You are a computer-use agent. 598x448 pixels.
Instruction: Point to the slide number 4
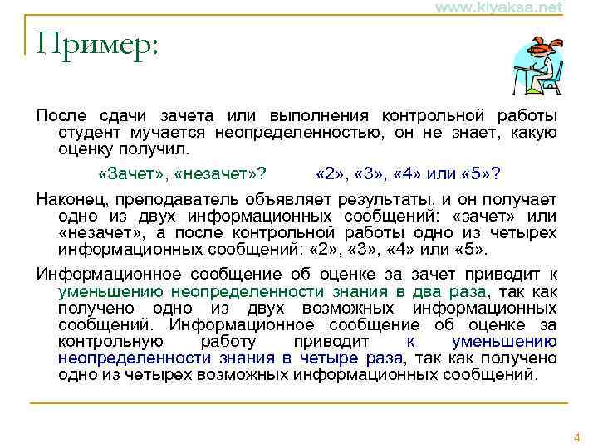(x=578, y=436)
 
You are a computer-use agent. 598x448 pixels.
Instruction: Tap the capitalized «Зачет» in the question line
(x=132, y=174)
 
